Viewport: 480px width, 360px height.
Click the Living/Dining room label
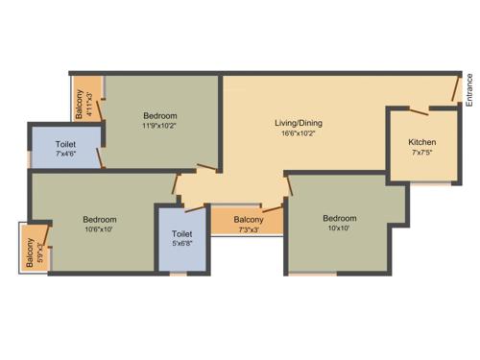(299, 123)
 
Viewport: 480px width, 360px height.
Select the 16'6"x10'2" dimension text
(299, 134)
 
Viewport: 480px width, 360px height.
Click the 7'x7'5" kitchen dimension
(421, 152)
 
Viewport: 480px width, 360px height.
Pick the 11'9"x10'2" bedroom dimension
(159, 125)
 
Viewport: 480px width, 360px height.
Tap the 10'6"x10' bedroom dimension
(99, 228)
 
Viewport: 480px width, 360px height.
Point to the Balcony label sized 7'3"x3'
(248, 219)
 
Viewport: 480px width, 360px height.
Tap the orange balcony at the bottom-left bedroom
(35, 250)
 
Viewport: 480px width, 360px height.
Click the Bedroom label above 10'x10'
(340, 218)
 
